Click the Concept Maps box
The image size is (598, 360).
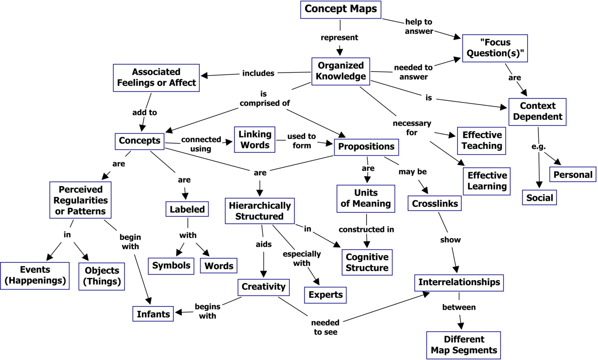(x=340, y=9)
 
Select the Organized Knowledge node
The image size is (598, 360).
(x=340, y=71)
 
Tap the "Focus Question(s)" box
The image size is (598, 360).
(x=495, y=48)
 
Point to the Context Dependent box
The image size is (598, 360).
(x=537, y=111)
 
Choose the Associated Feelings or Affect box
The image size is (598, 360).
(x=156, y=78)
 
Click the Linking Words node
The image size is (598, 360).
(x=255, y=140)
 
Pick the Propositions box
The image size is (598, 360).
(x=366, y=147)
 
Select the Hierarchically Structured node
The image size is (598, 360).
(x=260, y=211)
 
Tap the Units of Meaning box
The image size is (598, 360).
(x=366, y=198)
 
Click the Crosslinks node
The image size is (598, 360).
(x=434, y=204)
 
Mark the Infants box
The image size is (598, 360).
(x=154, y=314)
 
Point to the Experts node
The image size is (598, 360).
(x=325, y=295)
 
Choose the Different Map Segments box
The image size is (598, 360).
(x=463, y=345)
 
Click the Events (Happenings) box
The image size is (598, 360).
(x=35, y=276)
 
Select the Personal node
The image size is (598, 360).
(x=572, y=174)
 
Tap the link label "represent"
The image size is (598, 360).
(x=340, y=38)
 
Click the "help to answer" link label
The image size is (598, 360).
(x=418, y=26)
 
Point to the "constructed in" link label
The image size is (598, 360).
(x=366, y=230)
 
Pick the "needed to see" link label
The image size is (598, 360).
(x=325, y=327)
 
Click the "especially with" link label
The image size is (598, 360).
(x=302, y=258)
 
